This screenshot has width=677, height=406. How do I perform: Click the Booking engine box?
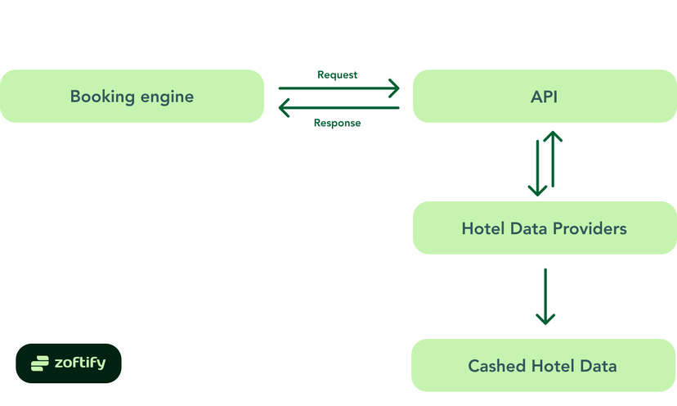(132, 97)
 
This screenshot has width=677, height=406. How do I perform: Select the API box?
(544, 97)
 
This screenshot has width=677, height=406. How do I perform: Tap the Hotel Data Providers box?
(544, 228)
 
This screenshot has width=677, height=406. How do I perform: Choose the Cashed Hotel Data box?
(544, 365)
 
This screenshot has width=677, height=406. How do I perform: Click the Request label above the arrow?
(337, 74)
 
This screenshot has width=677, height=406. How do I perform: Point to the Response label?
(337, 123)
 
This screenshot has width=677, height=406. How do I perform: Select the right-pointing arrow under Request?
(338, 88)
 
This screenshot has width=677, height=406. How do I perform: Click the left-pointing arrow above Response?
(338, 106)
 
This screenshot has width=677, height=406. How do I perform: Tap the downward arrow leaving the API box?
(537, 168)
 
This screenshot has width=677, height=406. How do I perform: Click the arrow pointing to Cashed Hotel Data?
(545, 295)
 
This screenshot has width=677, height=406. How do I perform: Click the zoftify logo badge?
(68, 363)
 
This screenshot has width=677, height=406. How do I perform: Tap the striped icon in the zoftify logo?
(40, 363)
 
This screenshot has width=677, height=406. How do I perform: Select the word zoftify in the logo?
(79, 363)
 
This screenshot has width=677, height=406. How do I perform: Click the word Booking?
(101, 97)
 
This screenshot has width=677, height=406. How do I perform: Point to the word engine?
(167, 97)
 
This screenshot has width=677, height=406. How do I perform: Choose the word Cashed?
(497, 365)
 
